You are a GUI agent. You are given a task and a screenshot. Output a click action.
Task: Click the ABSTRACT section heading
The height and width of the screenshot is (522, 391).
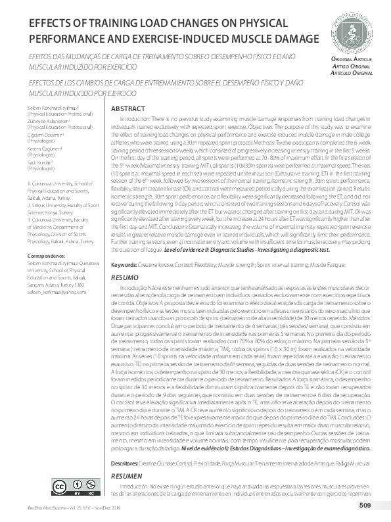(127, 108)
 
